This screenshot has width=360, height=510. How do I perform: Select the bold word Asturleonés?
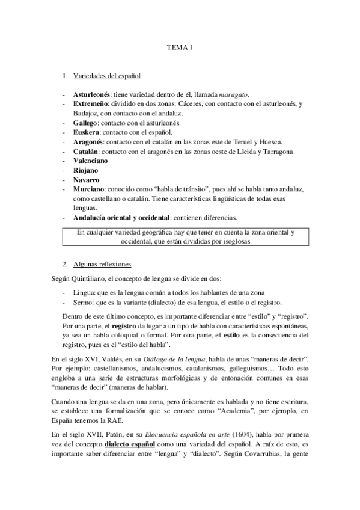click(91, 95)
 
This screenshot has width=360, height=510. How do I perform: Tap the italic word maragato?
click(234, 95)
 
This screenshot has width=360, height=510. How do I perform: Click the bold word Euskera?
click(85, 132)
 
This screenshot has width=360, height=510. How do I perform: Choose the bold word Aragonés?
click(88, 141)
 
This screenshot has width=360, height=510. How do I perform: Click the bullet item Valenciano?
click(91, 161)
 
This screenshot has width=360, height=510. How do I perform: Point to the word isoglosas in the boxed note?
click(231, 240)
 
